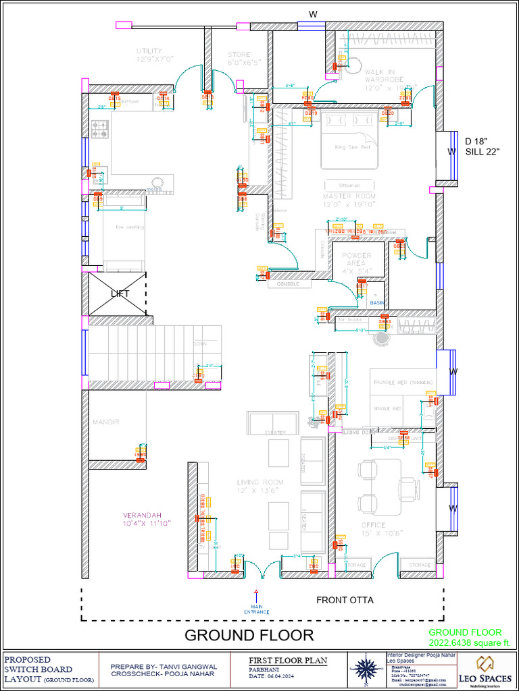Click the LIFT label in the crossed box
coord(120,294)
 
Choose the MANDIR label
coord(106,422)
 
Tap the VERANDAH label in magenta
coord(146,518)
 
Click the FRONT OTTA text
coord(345,600)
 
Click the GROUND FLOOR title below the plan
coord(249,635)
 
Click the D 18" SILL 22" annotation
coord(482,146)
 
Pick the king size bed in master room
coord(349,140)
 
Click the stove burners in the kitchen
coord(100,129)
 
